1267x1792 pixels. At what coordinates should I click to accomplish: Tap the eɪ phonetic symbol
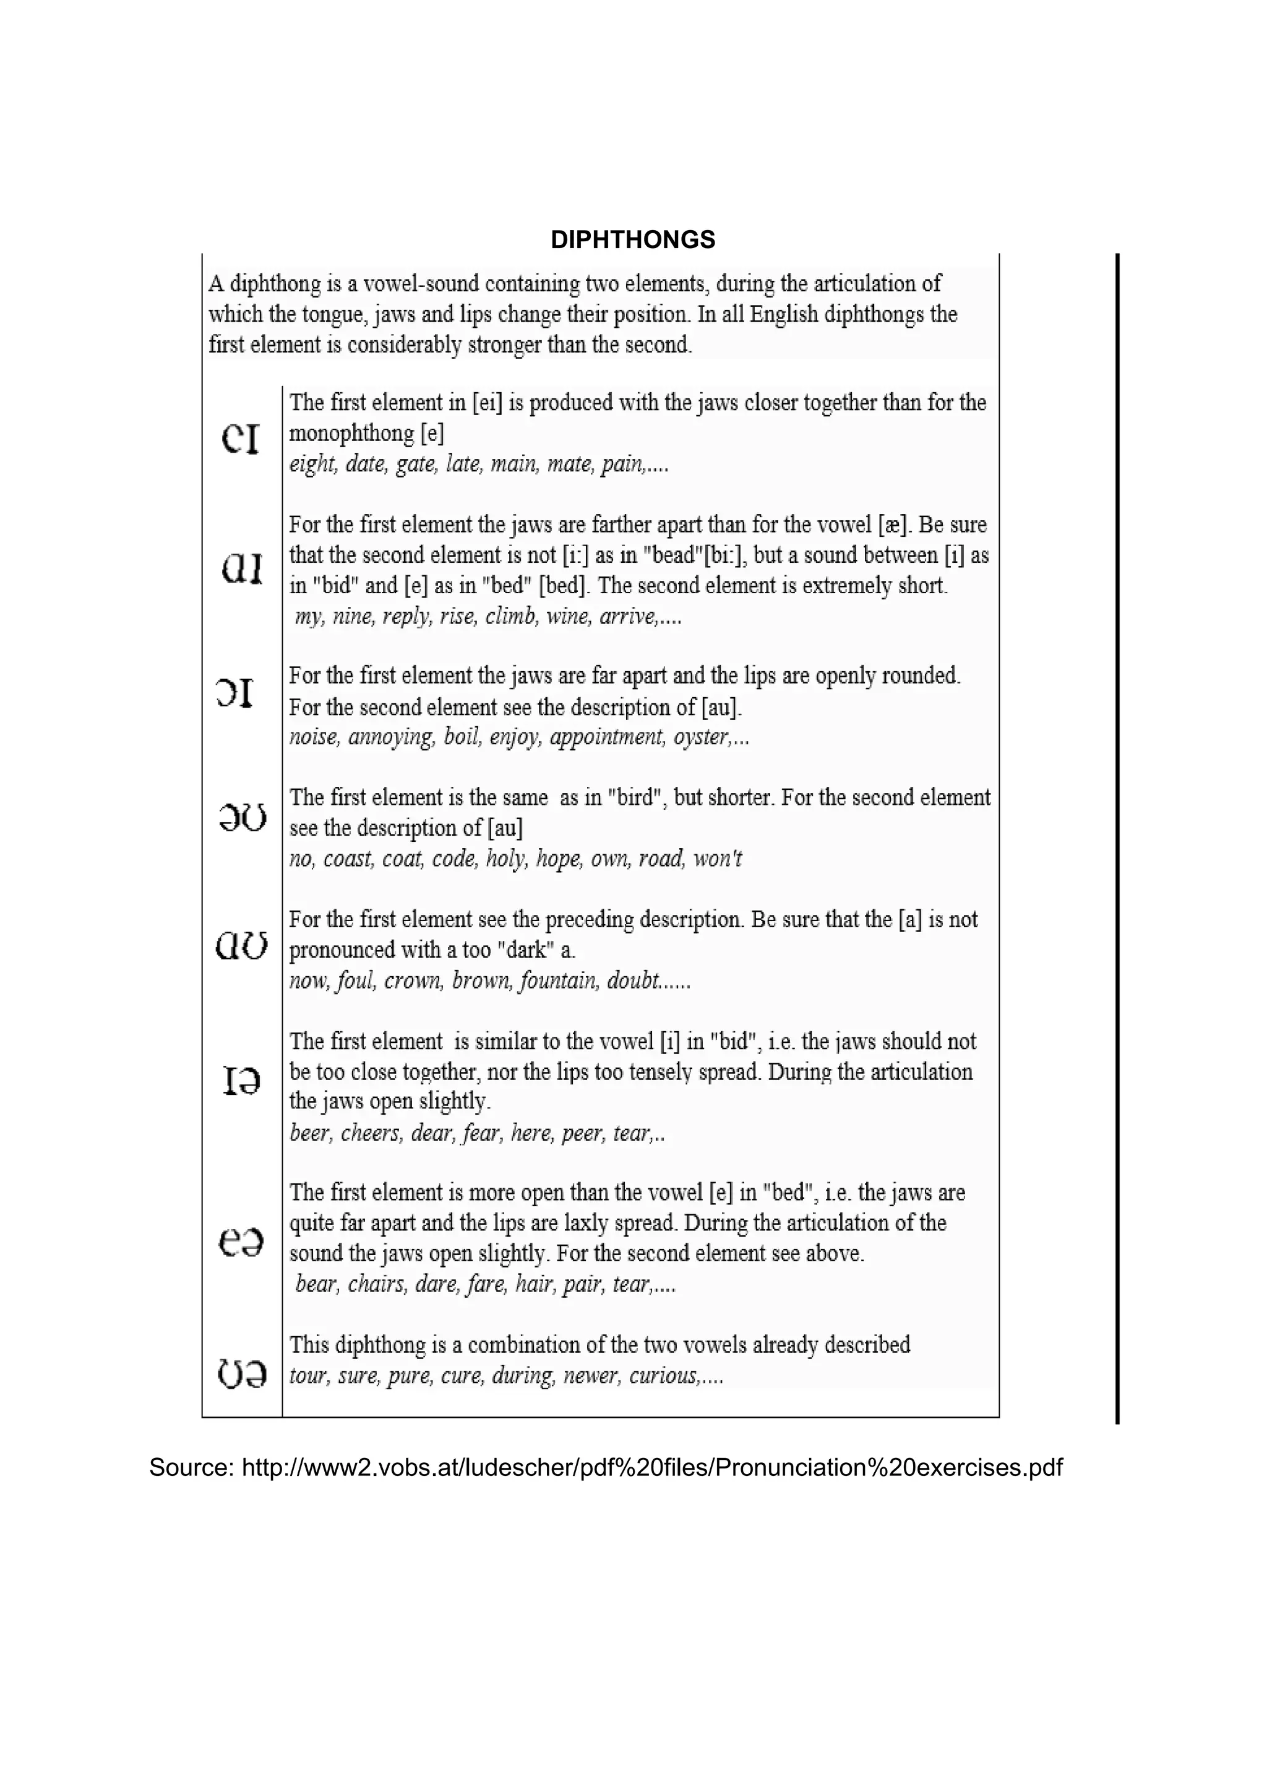tap(241, 439)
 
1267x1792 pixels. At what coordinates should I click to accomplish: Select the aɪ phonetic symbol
tap(242, 568)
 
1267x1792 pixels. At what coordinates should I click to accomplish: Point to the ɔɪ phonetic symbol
tap(235, 692)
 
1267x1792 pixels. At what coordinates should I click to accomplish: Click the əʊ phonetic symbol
tap(243, 817)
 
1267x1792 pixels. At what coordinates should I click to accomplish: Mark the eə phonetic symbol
tap(241, 1241)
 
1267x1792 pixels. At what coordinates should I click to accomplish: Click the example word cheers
tap(371, 1133)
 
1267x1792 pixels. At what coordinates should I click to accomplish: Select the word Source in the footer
tap(191, 1467)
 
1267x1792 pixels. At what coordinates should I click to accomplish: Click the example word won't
tap(716, 859)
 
